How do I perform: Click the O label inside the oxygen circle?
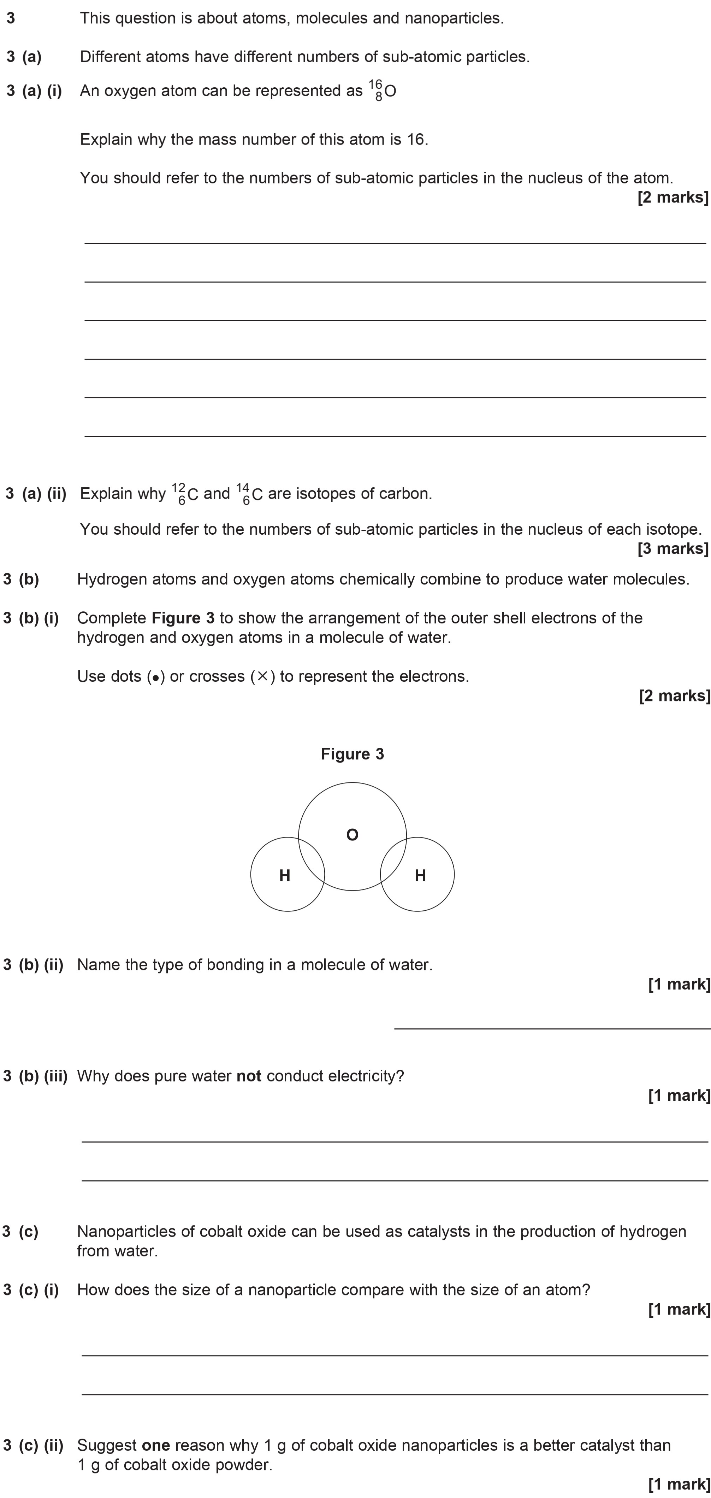pos(352,835)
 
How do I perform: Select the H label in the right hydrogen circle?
pos(420,875)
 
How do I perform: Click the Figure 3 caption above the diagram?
pos(352,754)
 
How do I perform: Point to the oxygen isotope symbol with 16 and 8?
pos(383,91)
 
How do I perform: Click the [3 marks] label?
pos(673,548)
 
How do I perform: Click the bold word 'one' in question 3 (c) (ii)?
pos(156,1445)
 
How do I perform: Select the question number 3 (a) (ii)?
pos(36,494)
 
